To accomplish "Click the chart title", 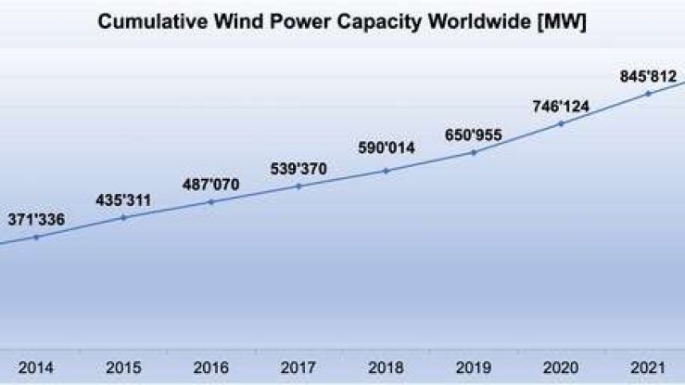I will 342,20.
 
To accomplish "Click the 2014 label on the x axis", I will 36,368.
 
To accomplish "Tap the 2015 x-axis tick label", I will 123,368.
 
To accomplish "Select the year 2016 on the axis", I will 211,368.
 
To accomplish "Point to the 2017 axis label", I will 298,368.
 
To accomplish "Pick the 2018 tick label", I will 387,368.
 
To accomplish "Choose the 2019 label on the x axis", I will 474,368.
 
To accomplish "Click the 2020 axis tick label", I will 562,368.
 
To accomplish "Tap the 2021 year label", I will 649,368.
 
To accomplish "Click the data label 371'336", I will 36,219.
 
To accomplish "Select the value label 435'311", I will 123,199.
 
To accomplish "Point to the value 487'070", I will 211,184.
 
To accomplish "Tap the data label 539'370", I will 298,168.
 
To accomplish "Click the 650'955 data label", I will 474,134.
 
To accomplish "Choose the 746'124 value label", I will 562,105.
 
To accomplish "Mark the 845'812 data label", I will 649,73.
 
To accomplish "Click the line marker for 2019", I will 474,152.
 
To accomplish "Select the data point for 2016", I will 211,201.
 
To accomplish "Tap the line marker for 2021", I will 649,93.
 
